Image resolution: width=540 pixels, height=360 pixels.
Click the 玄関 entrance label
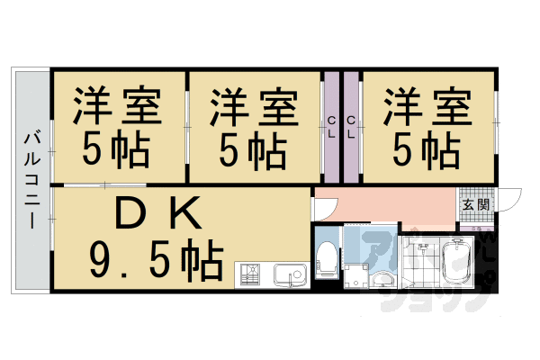click(x=476, y=204)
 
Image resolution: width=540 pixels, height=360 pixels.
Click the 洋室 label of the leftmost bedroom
click(x=117, y=106)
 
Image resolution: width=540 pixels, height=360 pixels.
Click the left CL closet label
click(x=332, y=127)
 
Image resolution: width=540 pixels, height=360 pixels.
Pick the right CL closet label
click(x=351, y=127)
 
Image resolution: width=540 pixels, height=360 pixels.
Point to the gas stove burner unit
click(x=248, y=274)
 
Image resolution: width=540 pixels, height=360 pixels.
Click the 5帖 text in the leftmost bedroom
click(x=117, y=148)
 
